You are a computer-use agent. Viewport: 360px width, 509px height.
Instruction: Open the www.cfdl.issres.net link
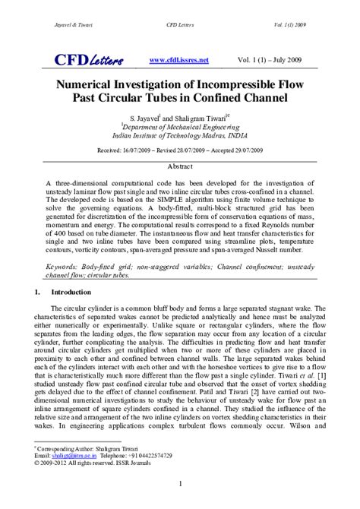tap(178, 60)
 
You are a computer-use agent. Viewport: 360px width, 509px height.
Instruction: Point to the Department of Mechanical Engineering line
tap(180, 128)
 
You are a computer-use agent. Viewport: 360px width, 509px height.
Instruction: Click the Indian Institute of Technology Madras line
tap(180, 138)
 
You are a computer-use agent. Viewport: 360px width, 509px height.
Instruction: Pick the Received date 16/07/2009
tap(134, 152)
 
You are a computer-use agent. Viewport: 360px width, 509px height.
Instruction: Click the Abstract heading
tap(180, 166)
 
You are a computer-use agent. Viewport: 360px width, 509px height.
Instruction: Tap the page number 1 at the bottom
tap(180, 484)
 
